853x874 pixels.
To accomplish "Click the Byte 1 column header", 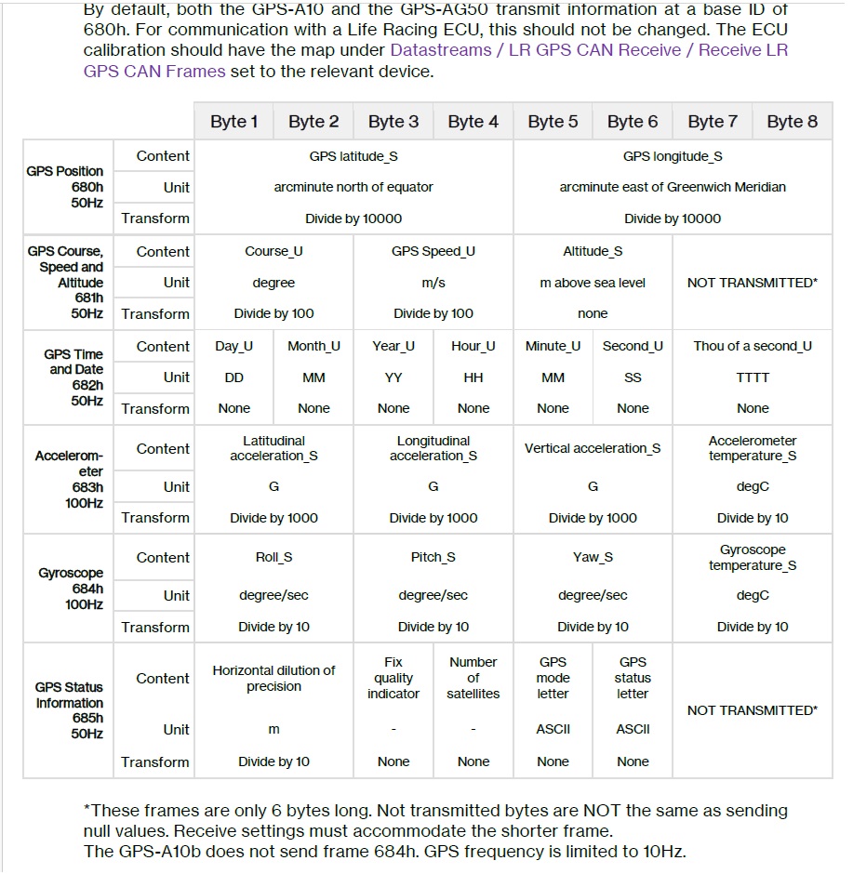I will point(234,122).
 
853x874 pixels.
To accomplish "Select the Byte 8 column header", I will point(792,122).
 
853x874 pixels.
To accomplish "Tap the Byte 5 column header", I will point(553,122).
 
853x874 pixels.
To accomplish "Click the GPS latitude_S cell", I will point(353,156).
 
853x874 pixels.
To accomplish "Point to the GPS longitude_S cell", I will point(673,156).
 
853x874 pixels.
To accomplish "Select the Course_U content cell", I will point(273,251).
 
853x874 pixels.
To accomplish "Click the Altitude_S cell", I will point(593,251).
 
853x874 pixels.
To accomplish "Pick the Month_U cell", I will point(313,346).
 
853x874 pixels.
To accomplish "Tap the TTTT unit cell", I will point(753,377).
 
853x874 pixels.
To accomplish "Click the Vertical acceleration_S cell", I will point(593,448).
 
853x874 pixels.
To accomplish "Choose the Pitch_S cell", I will point(433,557).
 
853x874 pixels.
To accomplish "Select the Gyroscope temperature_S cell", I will point(753,557).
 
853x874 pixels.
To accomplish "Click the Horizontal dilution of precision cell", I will point(273,678).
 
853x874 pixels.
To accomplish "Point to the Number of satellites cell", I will point(473,678).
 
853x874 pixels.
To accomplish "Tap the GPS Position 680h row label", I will point(65,187).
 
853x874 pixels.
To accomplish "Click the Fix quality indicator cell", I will point(393,678).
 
